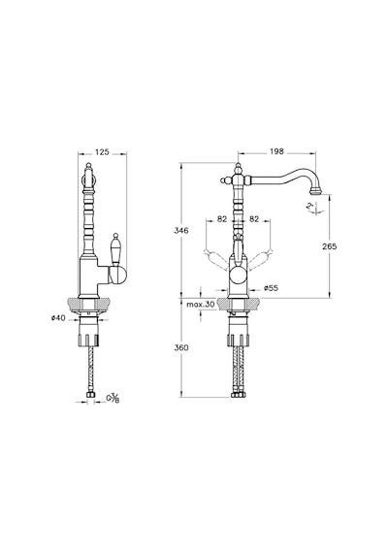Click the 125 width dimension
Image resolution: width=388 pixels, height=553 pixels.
click(102, 152)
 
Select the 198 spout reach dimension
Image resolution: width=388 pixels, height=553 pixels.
click(276, 151)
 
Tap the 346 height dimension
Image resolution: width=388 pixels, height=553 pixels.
click(181, 231)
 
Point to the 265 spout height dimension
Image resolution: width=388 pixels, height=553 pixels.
click(330, 246)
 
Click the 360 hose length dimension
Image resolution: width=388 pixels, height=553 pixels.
click(181, 347)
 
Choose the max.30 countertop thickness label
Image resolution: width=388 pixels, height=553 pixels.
click(201, 305)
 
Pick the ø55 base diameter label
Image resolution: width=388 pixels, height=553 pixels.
click(271, 288)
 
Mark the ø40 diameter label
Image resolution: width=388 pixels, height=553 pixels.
click(58, 318)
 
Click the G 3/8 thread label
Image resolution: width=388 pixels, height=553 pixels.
click(113, 399)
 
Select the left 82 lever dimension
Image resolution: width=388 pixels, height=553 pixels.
click(222, 219)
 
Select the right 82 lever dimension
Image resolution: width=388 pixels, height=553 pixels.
click(254, 219)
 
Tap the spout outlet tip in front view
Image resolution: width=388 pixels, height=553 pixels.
click(316, 191)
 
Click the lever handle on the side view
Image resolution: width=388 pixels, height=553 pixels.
click(115, 249)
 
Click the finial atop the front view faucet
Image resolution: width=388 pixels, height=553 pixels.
click(239, 168)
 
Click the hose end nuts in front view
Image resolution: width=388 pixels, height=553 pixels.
click(238, 395)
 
